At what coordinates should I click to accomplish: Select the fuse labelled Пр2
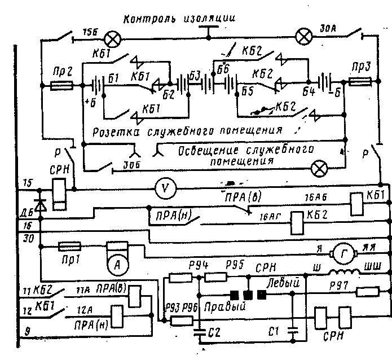pos(61,86)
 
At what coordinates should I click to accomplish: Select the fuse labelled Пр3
pos(359,83)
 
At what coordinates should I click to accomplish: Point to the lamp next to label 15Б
pos(113,38)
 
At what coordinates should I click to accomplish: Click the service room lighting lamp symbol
pos(320,168)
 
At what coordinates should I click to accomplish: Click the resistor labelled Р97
pos(367,292)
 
